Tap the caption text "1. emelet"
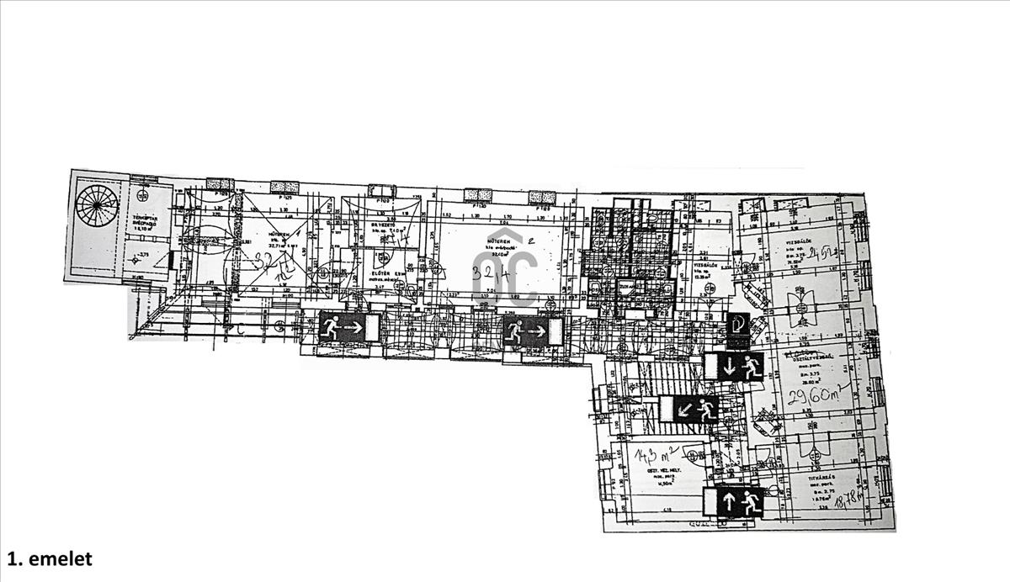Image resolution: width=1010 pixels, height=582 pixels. point(50,558)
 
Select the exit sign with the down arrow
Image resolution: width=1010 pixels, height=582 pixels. point(734,368)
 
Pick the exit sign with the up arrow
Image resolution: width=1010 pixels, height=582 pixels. point(734,502)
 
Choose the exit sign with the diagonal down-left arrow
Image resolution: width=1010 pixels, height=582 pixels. point(689,410)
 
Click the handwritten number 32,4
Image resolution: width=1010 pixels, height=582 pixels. point(488,274)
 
